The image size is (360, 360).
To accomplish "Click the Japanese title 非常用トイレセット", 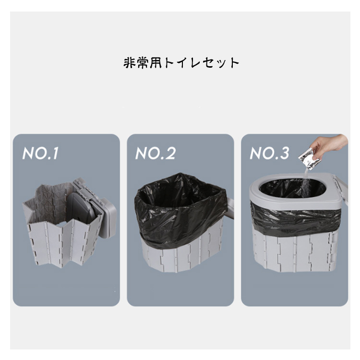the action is coord(181,63).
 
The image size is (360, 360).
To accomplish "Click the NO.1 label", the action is coord(40,153).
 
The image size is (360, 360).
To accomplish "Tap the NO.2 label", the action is coord(156,153).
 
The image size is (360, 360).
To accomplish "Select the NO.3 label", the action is coord(269,153).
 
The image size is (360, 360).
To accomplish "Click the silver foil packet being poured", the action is coord(309,159).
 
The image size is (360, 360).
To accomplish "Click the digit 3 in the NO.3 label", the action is coord(284,153).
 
